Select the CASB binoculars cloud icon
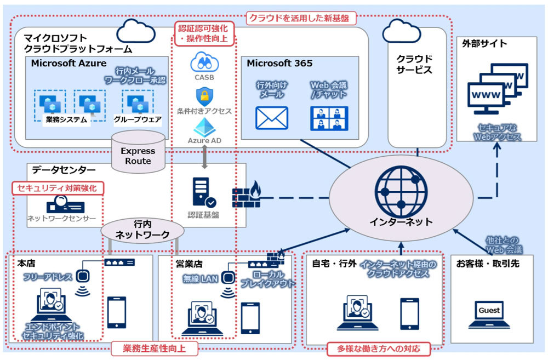[x=204, y=61]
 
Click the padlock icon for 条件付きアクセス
[x=204, y=96]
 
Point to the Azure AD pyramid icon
[x=204, y=128]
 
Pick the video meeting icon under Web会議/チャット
[x=329, y=118]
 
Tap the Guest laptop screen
[x=489, y=311]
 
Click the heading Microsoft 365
[x=279, y=63]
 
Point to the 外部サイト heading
[x=484, y=43]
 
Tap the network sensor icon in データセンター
[x=61, y=206]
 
